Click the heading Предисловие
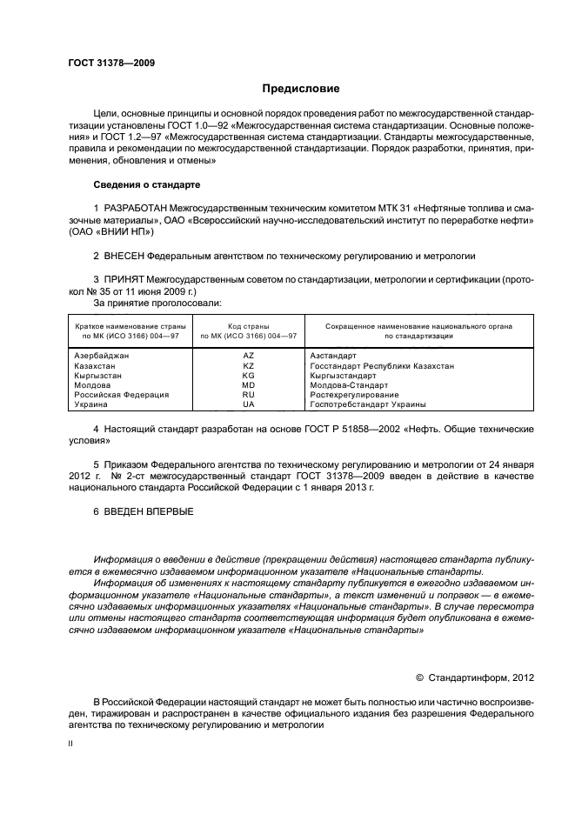click(301, 89)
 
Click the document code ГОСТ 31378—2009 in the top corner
click(111, 63)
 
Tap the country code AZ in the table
click(249, 356)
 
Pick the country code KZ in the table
click(249, 366)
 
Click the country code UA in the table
click(249, 404)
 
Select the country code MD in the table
click(249, 385)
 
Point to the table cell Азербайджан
click(102, 356)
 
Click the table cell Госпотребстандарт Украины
click(368, 404)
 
